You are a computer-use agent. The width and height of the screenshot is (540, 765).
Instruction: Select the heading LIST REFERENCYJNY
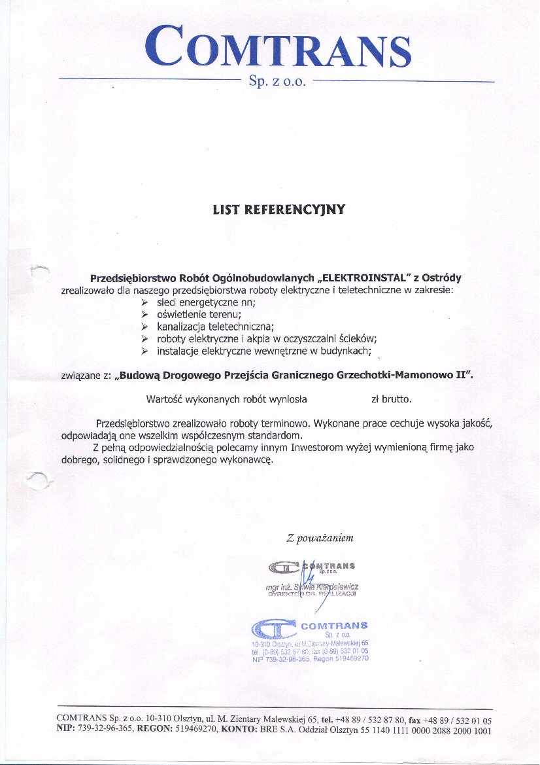tap(278, 210)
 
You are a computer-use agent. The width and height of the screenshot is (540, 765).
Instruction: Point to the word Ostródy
tap(442, 277)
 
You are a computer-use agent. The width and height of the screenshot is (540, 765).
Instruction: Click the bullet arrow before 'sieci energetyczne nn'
tap(145, 303)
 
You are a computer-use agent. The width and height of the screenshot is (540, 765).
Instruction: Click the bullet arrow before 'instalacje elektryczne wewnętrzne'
tap(145, 351)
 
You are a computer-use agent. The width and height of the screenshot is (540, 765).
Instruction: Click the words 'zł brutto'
tap(392, 399)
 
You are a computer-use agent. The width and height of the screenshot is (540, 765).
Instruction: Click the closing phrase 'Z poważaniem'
tap(320, 539)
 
